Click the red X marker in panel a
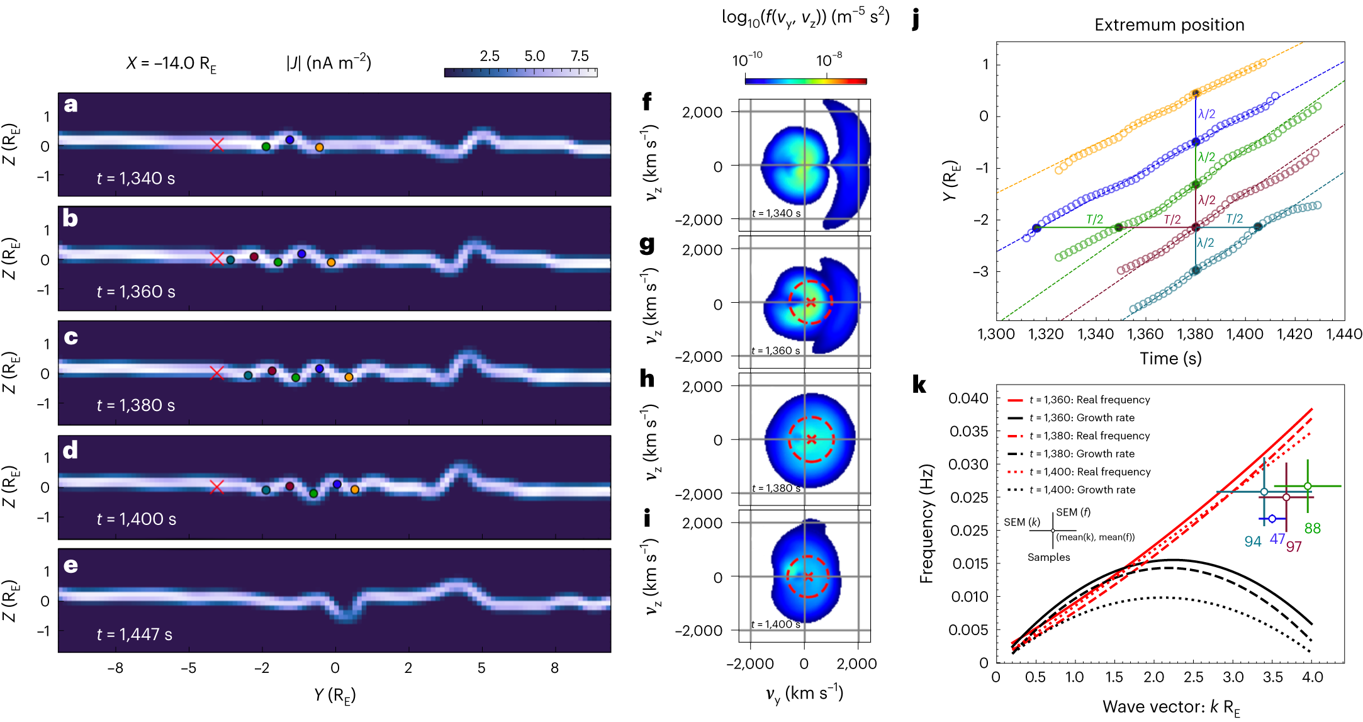click(217, 145)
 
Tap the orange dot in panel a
click(319, 147)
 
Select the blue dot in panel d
click(337, 484)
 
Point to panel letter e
click(70, 565)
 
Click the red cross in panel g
click(811, 303)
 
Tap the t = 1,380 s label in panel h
click(776, 488)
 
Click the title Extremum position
click(1169, 25)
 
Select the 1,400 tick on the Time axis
click(1245, 334)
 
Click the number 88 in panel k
click(1312, 529)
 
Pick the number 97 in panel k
click(1294, 546)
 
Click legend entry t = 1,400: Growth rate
click(1082, 490)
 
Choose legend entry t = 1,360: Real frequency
click(1089, 400)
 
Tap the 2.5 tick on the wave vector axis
click(1193, 677)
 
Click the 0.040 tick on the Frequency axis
click(968, 398)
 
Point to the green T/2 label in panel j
click(1094, 219)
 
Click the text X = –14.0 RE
click(171, 64)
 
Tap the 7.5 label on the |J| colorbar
click(580, 56)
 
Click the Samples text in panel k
click(1048, 557)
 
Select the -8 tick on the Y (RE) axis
click(115, 668)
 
